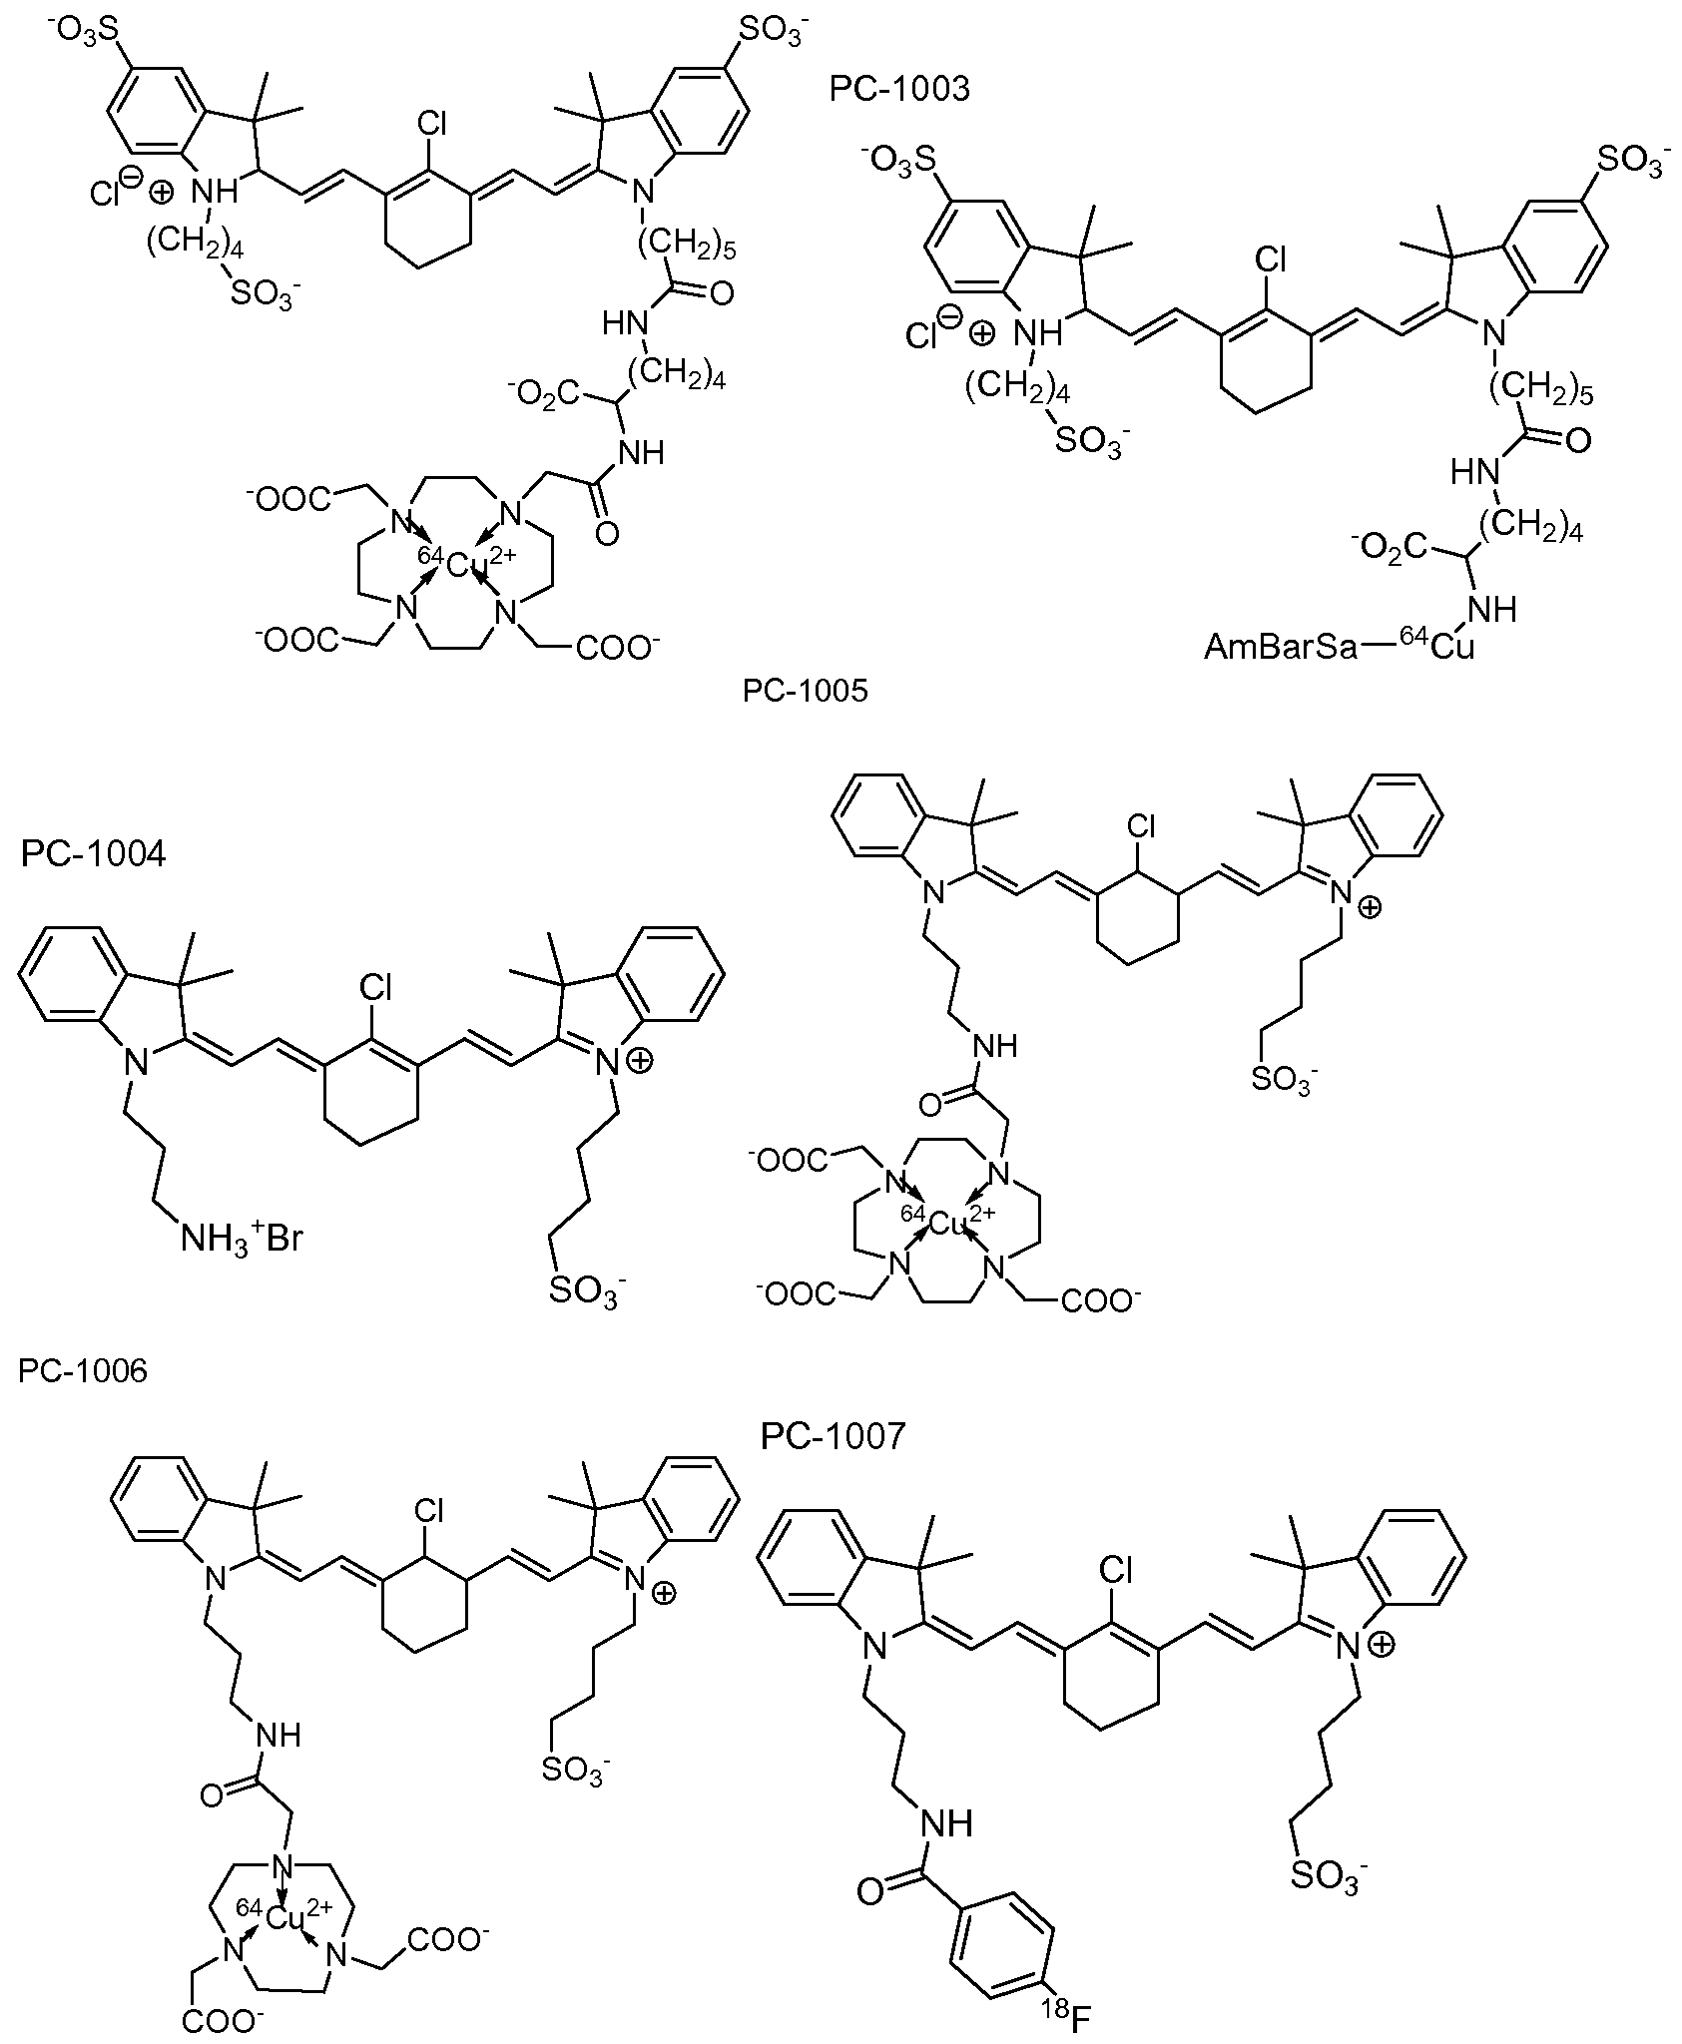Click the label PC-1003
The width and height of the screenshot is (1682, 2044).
(x=899, y=89)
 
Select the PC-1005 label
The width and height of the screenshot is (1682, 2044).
(x=805, y=691)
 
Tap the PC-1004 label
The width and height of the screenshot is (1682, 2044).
(x=93, y=854)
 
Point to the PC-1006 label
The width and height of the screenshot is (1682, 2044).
(x=83, y=1370)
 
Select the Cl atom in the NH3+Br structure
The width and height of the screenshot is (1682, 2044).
(x=376, y=988)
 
